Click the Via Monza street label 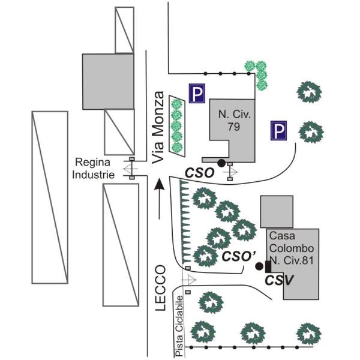[158, 128]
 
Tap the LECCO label [160, 288]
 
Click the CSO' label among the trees [235, 256]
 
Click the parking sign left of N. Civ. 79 [196, 93]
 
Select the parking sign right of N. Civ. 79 [277, 131]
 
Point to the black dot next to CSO [221, 163]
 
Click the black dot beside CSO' [259, 265]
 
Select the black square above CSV [268, 266]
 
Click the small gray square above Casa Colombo [277, 211]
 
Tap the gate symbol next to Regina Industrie [131, 170]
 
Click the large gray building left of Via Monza [108, 80]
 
